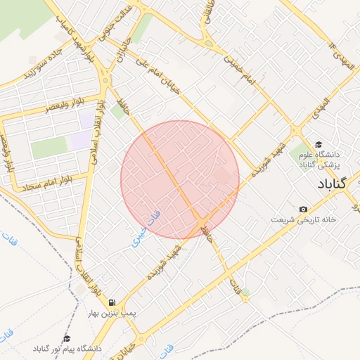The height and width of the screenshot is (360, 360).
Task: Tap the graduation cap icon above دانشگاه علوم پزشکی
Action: (319, 143)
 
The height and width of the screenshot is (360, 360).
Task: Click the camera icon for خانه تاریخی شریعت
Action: (303, 210)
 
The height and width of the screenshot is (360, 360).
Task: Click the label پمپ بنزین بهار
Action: (113, 311)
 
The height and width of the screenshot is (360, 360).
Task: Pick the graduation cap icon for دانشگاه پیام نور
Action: (67, 338)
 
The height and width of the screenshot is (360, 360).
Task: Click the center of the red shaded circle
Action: (180, 179)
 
